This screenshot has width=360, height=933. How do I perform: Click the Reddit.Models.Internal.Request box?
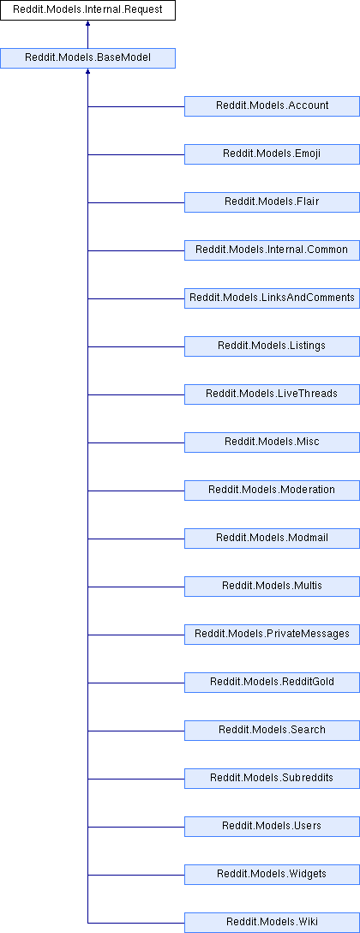[x=87, y=10]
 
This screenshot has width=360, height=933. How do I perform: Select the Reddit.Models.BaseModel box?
[x=87, y=58]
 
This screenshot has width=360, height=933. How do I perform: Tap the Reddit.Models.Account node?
[x=272, y=106]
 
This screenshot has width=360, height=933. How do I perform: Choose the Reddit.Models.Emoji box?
[x=272, y=154]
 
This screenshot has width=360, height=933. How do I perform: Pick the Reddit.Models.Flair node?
[x=272, y=202]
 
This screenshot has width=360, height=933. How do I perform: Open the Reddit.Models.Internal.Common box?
[x=272, y=250]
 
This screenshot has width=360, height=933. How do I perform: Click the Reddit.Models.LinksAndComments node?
[x=272, y=298]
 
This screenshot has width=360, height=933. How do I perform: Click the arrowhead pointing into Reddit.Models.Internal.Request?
[x=87, y=23]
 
